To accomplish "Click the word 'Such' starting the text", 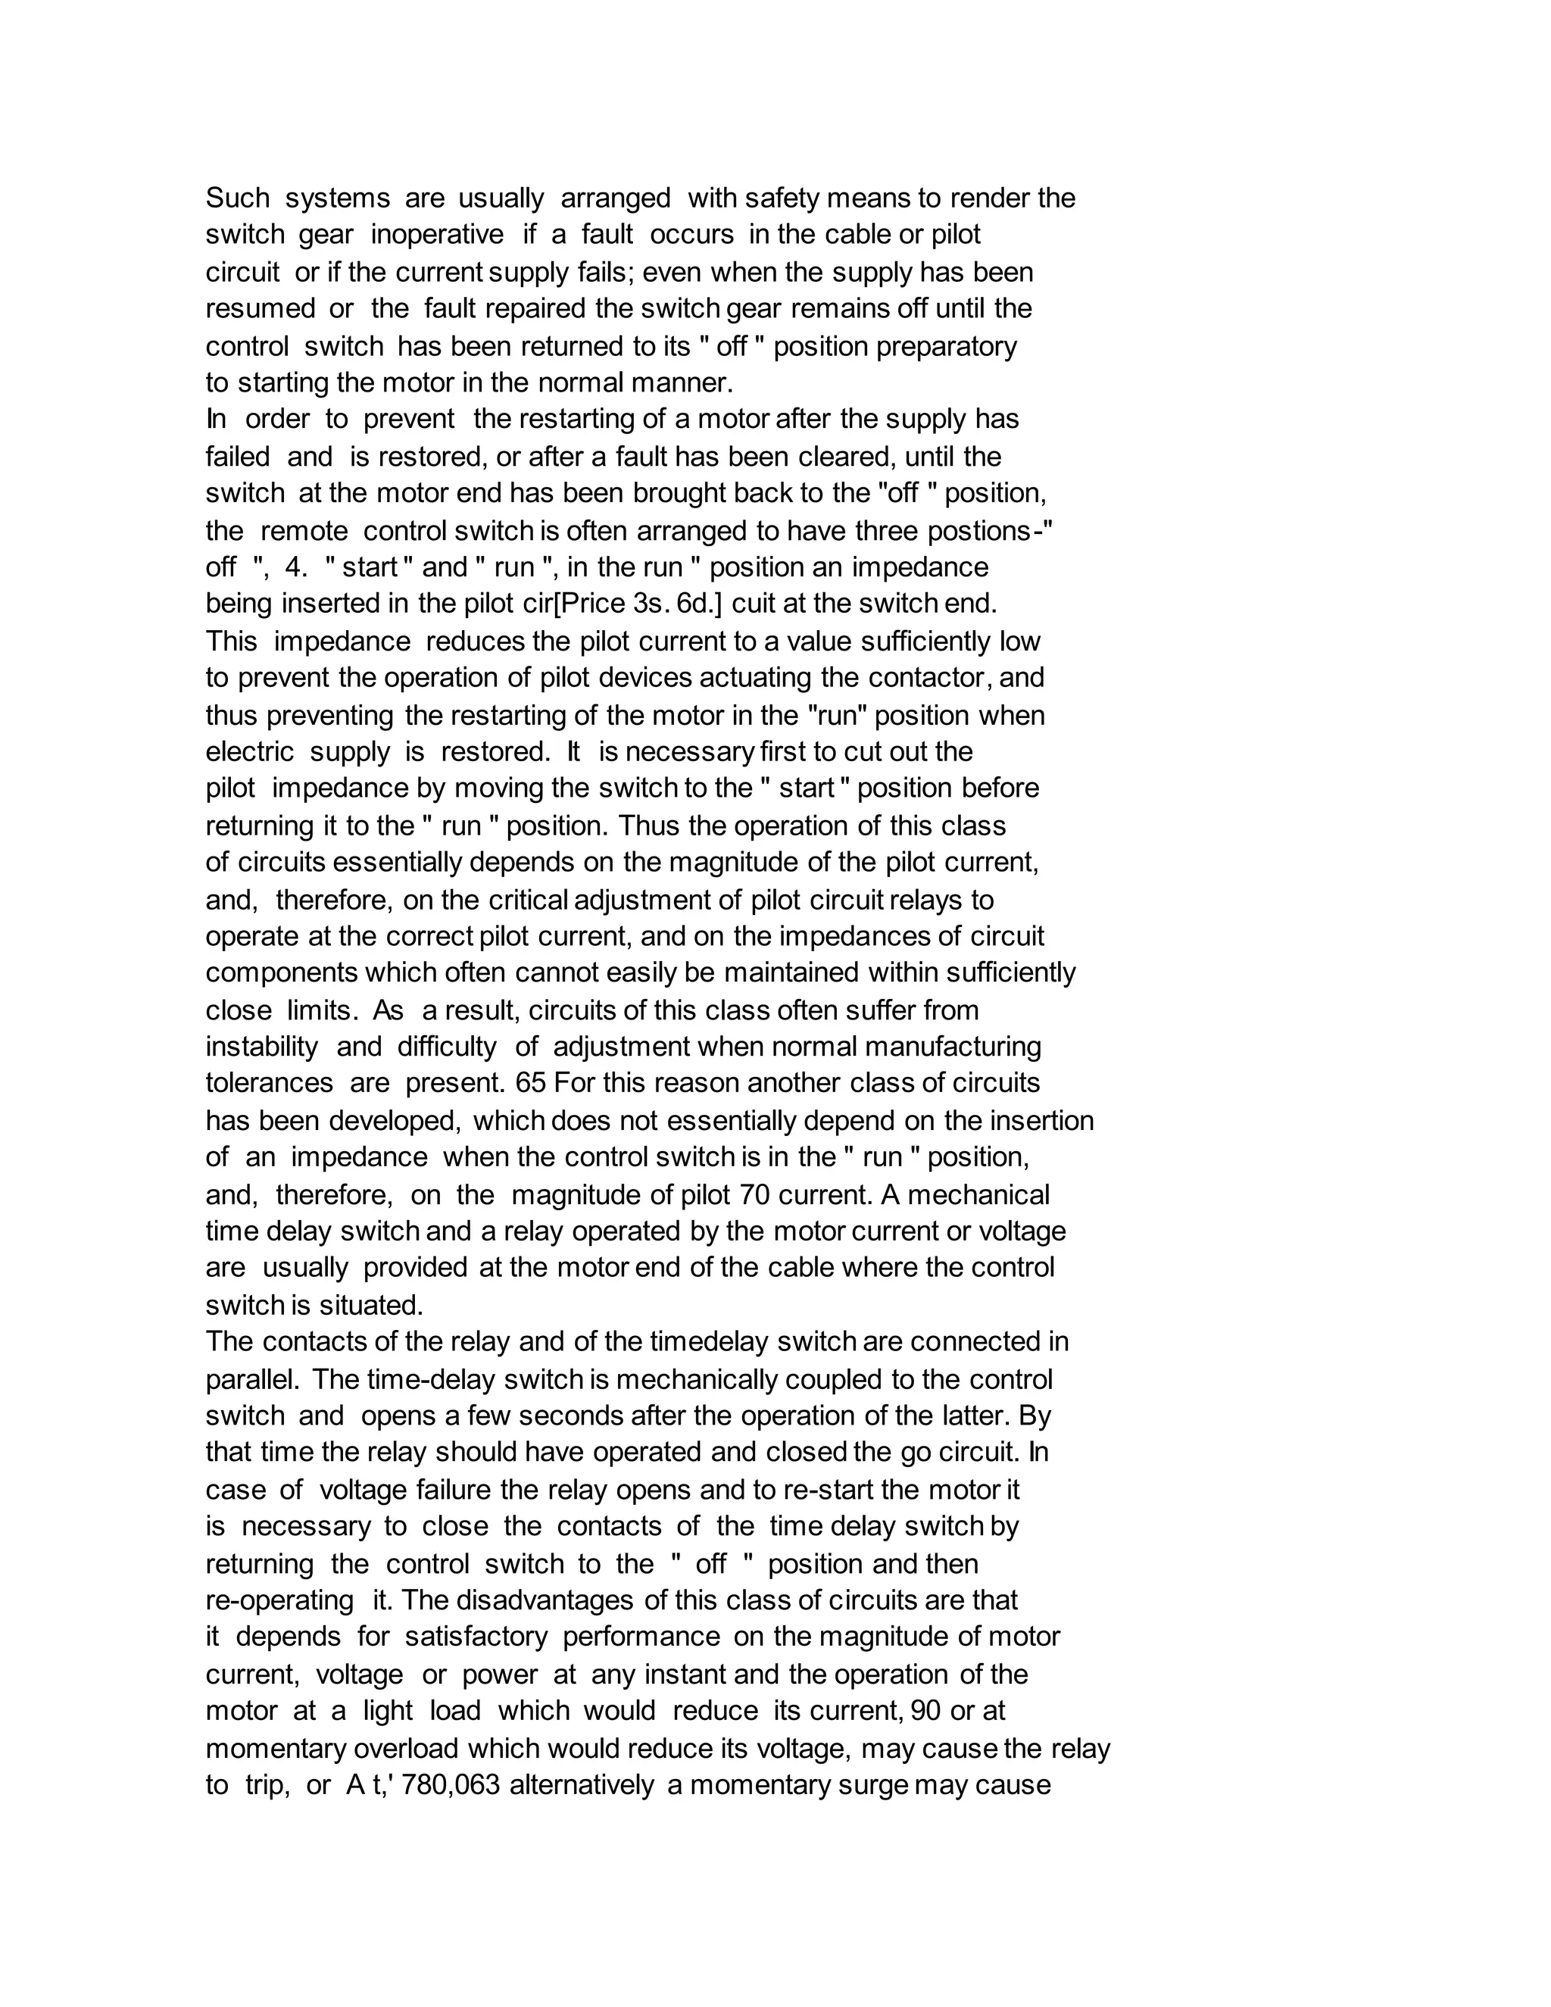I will coord(237,198).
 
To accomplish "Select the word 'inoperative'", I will coord(438,236).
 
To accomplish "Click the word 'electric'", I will coord(249,752).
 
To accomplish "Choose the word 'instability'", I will coord(262,1047).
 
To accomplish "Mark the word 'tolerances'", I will coord(269,1084).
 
